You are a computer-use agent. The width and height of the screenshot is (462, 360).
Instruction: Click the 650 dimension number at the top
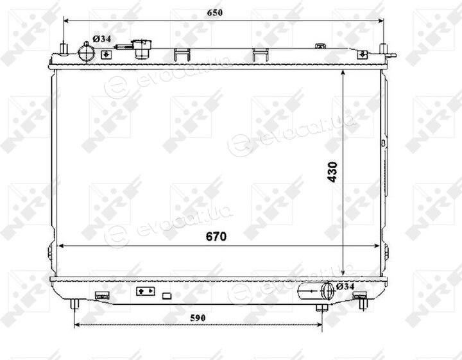tap(214, 13)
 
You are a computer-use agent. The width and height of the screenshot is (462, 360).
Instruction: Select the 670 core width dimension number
tap(216, 236)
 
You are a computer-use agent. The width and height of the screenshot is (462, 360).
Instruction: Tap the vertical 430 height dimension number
tap(332, 172)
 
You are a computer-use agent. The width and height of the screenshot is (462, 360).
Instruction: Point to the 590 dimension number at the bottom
tap(198, 318)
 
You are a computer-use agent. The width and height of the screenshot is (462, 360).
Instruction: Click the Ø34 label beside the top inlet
tap(102, 39)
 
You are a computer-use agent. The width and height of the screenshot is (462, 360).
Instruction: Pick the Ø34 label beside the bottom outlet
tap(345, 286)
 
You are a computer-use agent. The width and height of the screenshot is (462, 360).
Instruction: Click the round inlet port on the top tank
tap(86, 53)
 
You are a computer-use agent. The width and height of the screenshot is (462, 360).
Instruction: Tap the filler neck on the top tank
tap(141, 49)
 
